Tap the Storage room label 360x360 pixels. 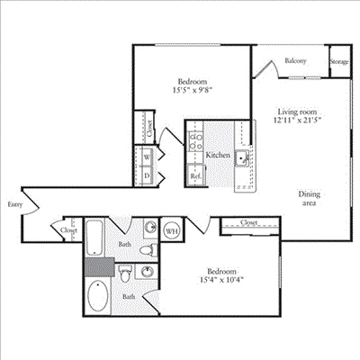coord(339,61)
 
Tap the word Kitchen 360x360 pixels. coord(218,156)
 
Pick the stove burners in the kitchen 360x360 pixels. coord(196,140)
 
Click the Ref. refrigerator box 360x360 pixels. coord(196,176)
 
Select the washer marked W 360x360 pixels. coord(147,155)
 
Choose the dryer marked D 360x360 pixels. coord(147,175)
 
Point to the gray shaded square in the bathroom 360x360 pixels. coord(99,265)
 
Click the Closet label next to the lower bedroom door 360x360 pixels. coord(250,222)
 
